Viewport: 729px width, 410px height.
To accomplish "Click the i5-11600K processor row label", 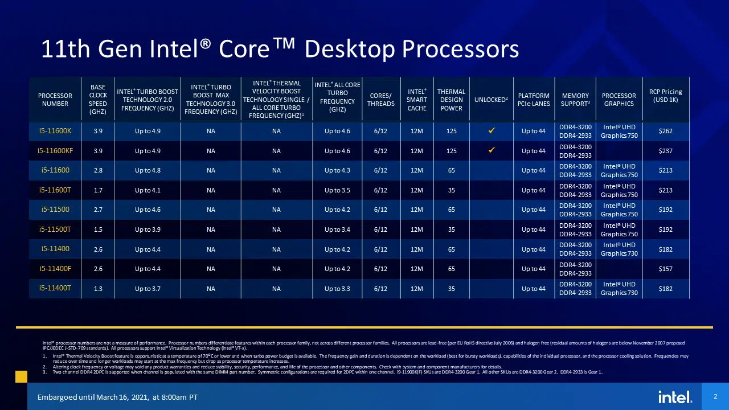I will click(55, 131).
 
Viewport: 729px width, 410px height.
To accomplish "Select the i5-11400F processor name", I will click(55, 269).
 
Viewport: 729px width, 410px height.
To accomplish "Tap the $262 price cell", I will click(665, 131).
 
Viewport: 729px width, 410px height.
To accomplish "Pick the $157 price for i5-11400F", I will click(665, 269).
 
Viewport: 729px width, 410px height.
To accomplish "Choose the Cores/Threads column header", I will click(380, 100).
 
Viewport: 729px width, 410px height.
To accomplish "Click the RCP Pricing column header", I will click(665, 96).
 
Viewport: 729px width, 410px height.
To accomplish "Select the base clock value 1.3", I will click(98, 289).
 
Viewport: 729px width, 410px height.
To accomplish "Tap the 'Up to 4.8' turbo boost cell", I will click(148, 170).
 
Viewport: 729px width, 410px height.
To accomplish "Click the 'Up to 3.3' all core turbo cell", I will click(337, 289).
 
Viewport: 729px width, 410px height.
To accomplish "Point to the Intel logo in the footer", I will click(675, 397).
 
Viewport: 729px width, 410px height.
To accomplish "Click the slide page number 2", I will click(714, 396).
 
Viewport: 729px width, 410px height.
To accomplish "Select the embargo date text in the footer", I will click(117, 397).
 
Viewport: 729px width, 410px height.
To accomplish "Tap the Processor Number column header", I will click(55, 100).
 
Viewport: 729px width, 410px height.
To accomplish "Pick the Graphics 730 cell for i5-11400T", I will click(619, 289).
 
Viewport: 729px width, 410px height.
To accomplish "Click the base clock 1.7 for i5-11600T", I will click(98, 190).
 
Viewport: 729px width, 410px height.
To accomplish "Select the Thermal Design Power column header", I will click(451, 100).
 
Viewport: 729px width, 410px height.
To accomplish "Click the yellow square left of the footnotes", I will click(21, 376).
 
